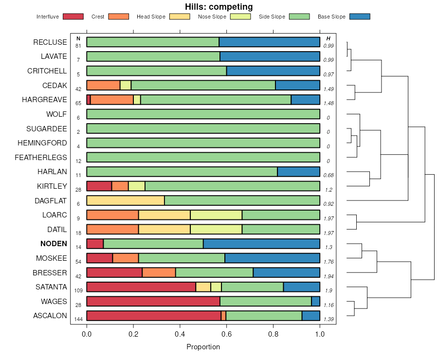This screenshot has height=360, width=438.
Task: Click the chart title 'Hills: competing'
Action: [219, 7]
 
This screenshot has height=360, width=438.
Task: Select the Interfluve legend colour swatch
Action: [73, 17]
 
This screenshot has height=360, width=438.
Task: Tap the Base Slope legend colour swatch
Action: [360, 17]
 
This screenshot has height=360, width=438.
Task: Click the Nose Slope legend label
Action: [212, 17]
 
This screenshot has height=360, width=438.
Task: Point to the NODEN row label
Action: [54, 244]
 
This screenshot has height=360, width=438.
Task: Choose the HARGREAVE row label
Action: [44, 100]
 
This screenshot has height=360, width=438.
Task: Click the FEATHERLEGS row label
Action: [41, 157]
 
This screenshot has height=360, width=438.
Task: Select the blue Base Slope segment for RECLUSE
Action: [269, 42]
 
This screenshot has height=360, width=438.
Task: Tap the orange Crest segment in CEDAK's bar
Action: [103, 85]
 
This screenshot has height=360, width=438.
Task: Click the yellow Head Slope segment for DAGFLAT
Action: [126, 200]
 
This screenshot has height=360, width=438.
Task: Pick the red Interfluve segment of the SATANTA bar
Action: [141, 287]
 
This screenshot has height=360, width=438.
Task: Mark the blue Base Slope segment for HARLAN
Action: [298, 172]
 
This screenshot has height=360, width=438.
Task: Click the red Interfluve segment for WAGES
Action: [153, 301]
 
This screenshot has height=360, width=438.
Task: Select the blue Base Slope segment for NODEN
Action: [261, 244]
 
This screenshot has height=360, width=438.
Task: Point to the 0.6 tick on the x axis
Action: [227, 335]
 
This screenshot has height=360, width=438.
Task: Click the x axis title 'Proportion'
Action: [203, 347]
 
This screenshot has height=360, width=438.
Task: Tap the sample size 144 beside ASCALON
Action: [78, 319]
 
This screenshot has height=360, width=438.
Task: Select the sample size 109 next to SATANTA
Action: [78, 290]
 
